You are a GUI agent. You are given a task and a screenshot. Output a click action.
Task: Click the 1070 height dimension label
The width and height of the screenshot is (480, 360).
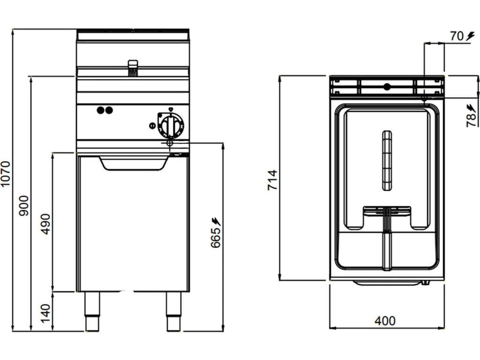pos(6,174)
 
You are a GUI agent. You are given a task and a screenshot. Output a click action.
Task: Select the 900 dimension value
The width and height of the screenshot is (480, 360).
pos(24,205)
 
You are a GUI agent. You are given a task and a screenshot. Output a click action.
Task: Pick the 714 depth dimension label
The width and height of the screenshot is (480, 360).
pos(273,180)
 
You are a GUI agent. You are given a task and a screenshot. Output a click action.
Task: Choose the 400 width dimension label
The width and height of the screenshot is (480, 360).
pos(385,321)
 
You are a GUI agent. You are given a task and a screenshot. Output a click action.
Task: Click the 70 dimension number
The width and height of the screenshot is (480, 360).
pos(457,36)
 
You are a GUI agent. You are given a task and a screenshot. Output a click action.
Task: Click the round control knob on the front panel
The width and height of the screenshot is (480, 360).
pos(171,125)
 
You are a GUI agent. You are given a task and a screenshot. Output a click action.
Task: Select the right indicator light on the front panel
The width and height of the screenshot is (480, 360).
pos(109,111)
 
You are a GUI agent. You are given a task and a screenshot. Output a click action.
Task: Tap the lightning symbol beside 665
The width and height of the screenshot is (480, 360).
pos(216,220)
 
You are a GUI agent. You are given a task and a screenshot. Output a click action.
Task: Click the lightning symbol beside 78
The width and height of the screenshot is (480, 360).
pos(471,107)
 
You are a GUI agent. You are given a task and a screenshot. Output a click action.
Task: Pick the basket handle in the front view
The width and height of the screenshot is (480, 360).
pos(133,67)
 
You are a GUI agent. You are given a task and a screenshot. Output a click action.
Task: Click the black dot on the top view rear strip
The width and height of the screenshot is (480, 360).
pos(387,86)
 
